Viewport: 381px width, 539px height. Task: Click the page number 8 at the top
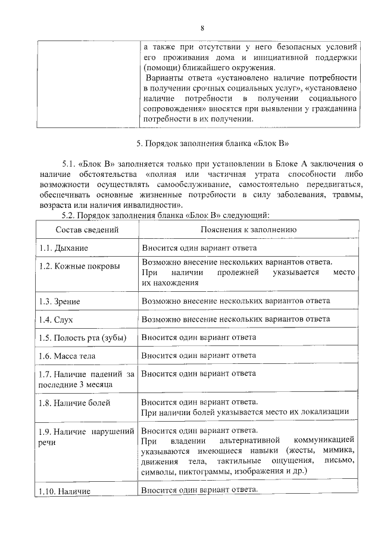point(202,28)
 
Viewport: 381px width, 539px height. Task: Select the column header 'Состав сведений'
point(87,229)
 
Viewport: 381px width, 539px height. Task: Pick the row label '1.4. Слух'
point(56,320)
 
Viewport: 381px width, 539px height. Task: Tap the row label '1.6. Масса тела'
point(67,356)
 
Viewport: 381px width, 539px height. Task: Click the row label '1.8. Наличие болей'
point(75,403)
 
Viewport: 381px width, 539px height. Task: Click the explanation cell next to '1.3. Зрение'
point(236,301)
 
